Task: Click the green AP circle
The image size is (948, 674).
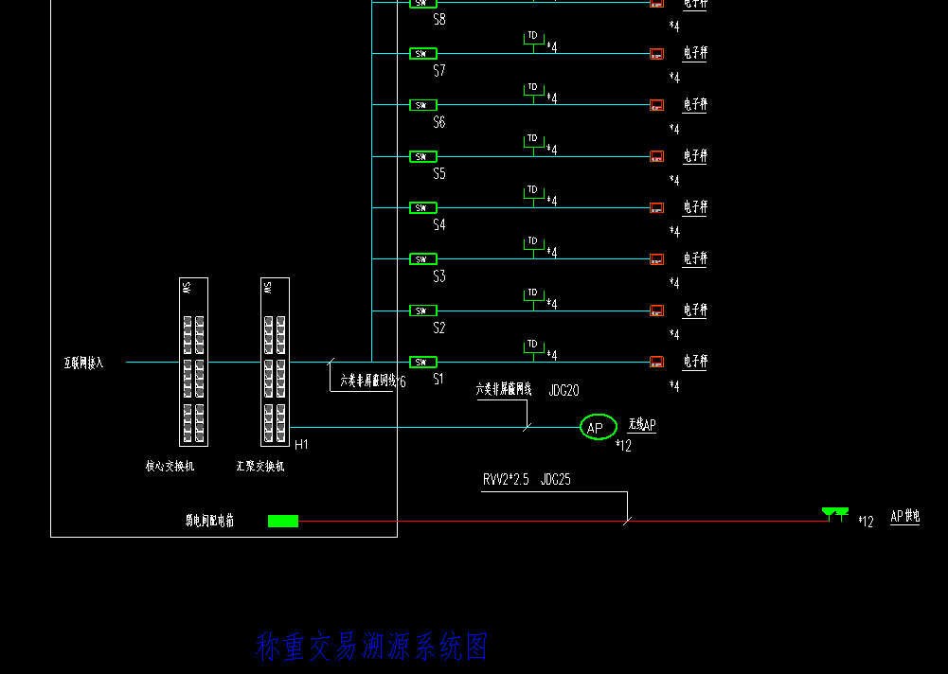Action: point(598,428)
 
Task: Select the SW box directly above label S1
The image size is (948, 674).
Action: point(422,362)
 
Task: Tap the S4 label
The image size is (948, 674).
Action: point(439,225)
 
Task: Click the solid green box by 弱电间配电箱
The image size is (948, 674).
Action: point(283,521)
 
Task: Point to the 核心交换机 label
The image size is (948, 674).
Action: point(170,466)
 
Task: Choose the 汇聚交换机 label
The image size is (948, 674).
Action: point(260,466)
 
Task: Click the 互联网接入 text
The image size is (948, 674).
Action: point(83,363)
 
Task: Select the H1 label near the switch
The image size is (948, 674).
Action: point(301,445)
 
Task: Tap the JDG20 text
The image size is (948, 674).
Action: point(563,390)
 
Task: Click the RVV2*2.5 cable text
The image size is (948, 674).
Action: point(506,480)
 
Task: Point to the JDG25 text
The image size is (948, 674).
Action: point(556,480)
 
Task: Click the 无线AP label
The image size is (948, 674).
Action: point(641,426)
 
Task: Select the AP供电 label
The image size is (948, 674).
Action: point(904,517)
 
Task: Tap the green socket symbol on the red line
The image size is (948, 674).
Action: point(835,513)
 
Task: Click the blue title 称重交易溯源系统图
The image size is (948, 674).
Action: point(371,647)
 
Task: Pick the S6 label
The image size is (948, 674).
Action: point(439,122)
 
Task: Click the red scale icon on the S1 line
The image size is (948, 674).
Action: point(656,362)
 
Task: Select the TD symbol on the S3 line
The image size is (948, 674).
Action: point(533,242)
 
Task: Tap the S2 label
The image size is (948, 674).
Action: point(439,328)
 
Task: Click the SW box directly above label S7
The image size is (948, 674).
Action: point(422,53)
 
